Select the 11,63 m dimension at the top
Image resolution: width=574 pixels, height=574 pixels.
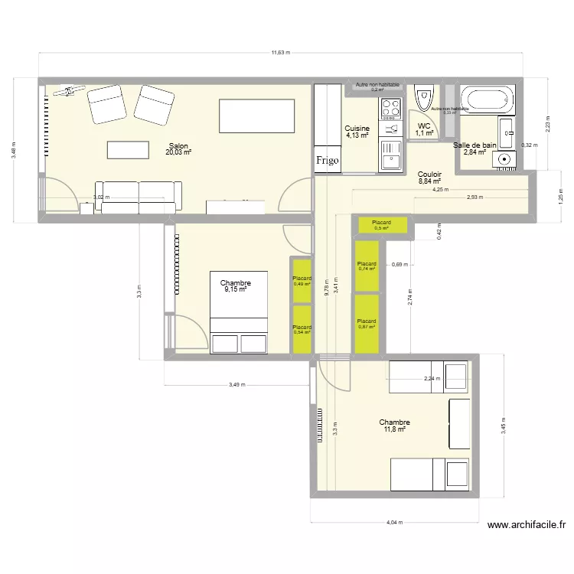click(281, 53)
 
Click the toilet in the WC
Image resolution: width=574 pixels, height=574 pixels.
click(423, 98)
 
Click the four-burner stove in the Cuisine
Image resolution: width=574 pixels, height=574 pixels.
click(391, 109)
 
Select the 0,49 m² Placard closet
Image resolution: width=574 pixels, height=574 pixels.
click(302, 281)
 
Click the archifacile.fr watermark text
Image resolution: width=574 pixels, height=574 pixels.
click(526, 526)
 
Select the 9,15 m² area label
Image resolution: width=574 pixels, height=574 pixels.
click(235, 290)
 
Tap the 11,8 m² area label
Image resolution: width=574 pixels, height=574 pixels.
click(394, 429)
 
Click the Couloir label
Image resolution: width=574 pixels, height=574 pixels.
click(429, 174)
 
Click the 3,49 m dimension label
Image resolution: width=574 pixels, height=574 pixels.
click(236, 385)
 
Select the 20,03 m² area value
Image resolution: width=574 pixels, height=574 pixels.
click(178, 152)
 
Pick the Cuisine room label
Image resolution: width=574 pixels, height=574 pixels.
click(357, 129)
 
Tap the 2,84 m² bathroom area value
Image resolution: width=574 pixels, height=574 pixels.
click(475, 152)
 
